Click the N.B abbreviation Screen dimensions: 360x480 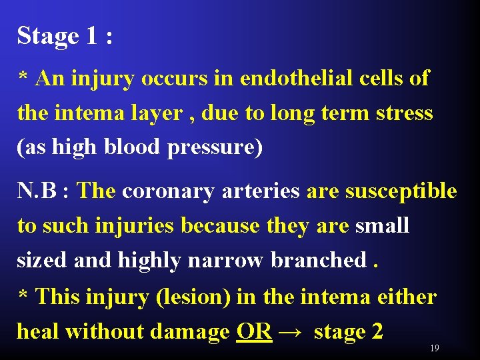pyautogui.click(x=37, y=191)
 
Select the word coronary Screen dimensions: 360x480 pyautogui.click(x=163, y=191)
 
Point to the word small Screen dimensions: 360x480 pyautogui.click(x=382, y=226)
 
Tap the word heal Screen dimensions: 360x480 pyautogui.click(x=39, y=331)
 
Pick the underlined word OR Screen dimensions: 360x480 pyautogui.click(x=254, y=331)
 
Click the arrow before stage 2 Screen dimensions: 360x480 pyautogui.click(x=292, y=331)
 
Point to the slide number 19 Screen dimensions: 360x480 pyautogui.click(x=434, y=348)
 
